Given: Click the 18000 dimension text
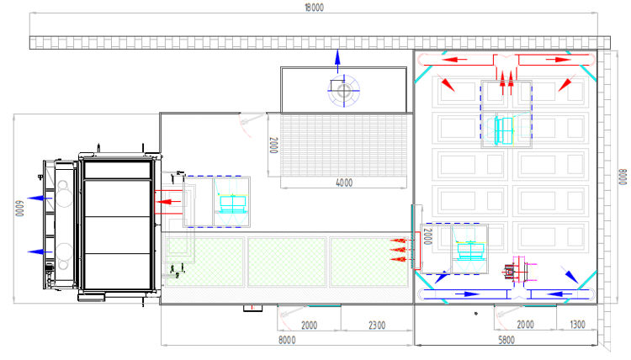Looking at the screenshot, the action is (315, 7).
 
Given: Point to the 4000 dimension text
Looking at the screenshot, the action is (344, 183).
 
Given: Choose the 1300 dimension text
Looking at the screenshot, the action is (577, 325).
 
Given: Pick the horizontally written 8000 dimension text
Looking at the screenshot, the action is (287, 340).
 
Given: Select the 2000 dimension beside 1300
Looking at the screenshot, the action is (525, 325).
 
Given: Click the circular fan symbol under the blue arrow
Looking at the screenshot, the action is (342, 88).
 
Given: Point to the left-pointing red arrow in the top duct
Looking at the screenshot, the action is (458, 59).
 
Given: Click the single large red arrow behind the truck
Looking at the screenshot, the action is (172, 202).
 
